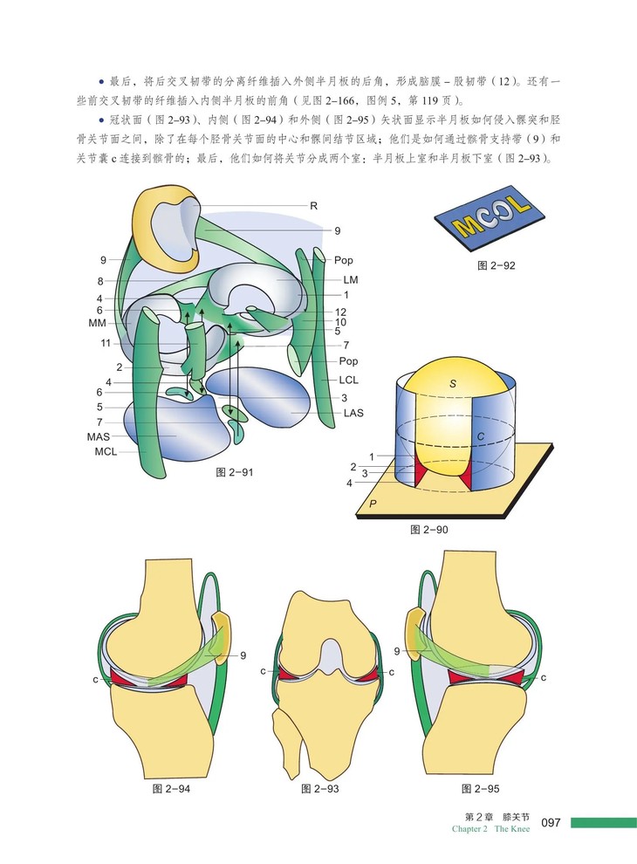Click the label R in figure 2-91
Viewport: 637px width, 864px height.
pyautogui.click(x=313, y=207)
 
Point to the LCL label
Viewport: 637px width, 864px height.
pyautogui.click(x=350, y=381)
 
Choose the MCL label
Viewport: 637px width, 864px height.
pyautogui.click(x=106, y=452)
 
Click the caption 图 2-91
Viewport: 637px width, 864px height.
pyautogui.click(x=235, y=472)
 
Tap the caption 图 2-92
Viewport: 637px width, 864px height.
pyautogui.click(x=497, y=265)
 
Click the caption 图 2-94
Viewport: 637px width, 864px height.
pyautogui.click(x=171, y=789)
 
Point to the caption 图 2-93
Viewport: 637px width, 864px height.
pyautogui.click(x=320, y=789)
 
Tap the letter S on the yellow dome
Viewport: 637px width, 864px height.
pyautogui.click(x=453, y=383)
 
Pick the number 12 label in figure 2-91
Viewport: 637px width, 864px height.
pyautogui.click(x=340, y=312)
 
